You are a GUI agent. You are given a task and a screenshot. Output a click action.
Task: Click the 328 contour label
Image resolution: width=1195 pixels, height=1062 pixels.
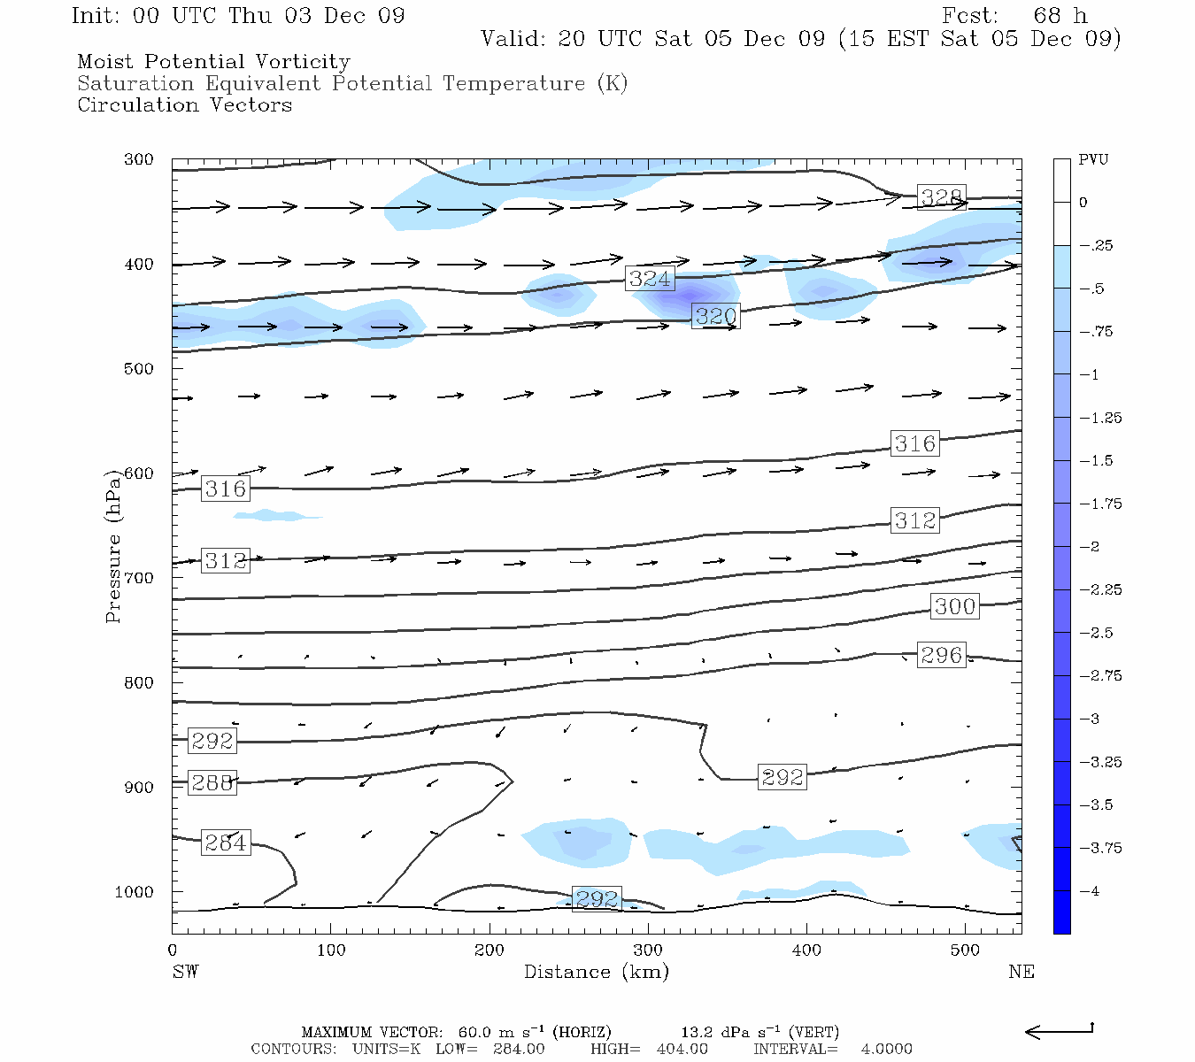941,197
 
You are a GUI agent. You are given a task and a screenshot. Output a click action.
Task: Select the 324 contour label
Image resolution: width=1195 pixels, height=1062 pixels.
650,279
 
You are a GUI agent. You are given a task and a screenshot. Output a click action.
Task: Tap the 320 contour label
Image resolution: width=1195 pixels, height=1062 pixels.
715,316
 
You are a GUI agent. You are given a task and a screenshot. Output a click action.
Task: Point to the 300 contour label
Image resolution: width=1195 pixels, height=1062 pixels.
955,606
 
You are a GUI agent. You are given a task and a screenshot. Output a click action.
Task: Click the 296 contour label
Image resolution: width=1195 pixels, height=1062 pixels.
941,655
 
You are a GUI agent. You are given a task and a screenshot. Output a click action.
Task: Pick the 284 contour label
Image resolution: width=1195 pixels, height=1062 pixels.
225,843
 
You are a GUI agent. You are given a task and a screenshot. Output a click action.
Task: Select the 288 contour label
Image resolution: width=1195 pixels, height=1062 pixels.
212,783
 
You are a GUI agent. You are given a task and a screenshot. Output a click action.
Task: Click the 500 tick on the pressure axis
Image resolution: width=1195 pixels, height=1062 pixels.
139,369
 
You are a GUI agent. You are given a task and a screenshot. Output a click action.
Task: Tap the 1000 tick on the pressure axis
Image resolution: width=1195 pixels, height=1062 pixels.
135,892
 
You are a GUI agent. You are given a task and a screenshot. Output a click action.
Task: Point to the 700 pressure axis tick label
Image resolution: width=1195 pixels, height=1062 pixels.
139,578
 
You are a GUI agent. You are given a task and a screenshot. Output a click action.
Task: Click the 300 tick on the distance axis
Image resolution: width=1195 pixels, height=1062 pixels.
648,950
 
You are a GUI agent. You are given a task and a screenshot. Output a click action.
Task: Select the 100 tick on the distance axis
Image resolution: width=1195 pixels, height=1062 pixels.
331,950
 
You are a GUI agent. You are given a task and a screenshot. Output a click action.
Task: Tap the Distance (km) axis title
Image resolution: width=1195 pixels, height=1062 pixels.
596,973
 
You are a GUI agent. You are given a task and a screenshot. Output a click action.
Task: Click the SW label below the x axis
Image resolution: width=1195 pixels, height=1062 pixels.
185,973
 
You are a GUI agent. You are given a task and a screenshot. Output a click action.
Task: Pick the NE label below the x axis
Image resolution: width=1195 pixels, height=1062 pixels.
1021,973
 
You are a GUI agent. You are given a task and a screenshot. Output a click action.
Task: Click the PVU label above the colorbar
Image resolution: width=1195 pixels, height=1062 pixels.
1093,160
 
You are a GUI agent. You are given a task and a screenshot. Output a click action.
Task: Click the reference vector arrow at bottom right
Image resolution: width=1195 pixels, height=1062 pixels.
1059,1030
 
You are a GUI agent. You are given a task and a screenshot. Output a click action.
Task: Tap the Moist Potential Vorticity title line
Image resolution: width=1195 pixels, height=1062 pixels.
213,62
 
